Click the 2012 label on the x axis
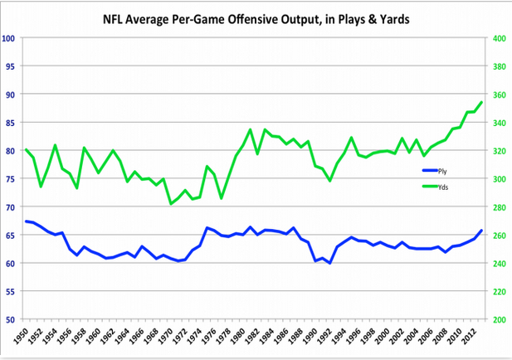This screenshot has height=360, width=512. coord(475,338)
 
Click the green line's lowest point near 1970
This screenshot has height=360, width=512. coord(171,204)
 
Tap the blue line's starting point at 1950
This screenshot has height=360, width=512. coord(27,221)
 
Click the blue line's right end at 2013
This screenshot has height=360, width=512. coord(481,231)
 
